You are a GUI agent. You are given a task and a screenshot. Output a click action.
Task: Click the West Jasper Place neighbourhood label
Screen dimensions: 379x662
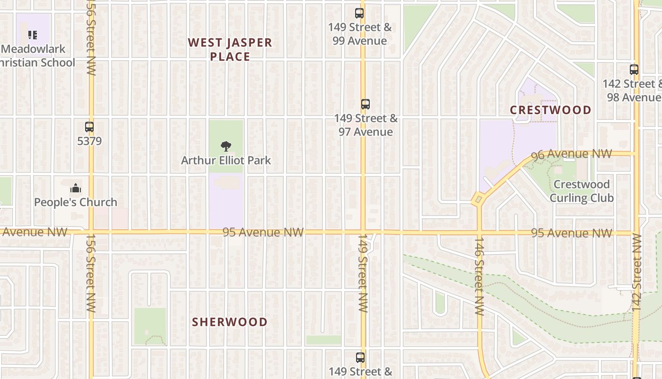pyautogui.click(x=230, y=49)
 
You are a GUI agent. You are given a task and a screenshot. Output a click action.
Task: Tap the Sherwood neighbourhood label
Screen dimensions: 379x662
pyautogui.click(x=230, y=322)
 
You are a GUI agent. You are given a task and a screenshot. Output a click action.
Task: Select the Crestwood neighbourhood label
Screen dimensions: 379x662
pyautogui.click(x=550, y=110)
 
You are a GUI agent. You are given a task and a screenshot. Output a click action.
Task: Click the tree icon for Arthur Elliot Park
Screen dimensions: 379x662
pyautogui.click(x=226, y=146)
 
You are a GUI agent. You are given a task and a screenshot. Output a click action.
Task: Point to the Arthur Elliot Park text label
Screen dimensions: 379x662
pyautogui.click(x=226, y=161)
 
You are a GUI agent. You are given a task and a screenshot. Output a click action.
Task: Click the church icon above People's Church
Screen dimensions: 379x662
pyautogui.click(x=76, y=189)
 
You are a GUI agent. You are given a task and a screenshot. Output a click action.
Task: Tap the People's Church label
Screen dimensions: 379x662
pyautogui.click(x=76, y=202)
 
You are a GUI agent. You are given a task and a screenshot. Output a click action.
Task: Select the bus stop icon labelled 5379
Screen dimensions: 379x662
pyautogui.click(x=89, y=127)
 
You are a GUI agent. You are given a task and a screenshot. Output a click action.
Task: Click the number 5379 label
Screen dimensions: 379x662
pyautogui.click(x=89, y=141)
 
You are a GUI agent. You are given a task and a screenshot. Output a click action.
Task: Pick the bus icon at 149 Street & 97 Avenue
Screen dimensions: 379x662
pyautogui.click(x=365, y=104)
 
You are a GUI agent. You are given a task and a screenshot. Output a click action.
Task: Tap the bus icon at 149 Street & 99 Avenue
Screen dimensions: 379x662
pyautogui.click(x=359, y=13)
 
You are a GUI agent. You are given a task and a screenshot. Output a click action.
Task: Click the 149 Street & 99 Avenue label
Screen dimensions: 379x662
pyautogui.click(x=360, y=34)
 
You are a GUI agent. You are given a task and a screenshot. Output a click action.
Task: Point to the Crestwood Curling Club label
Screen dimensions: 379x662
pyautogui.click(x=582, y=191)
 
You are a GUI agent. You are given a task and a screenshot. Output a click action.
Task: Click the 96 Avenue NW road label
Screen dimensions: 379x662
pyautogui.click(x=572, y=154)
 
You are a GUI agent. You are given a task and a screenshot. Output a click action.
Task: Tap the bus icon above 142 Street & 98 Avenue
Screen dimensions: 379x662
pyautogui.click(x=634, y=70)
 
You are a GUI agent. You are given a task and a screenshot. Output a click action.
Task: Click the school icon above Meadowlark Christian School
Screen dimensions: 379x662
pyautogui.click(x=32, y=35)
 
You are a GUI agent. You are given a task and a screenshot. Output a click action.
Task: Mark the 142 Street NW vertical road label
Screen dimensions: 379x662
pyautogui.click(x=636, y=272)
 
